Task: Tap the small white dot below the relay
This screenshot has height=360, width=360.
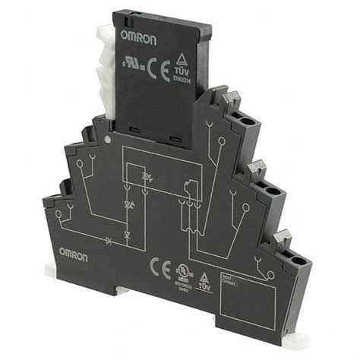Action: pyautogui.click(x=111, y=141)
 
